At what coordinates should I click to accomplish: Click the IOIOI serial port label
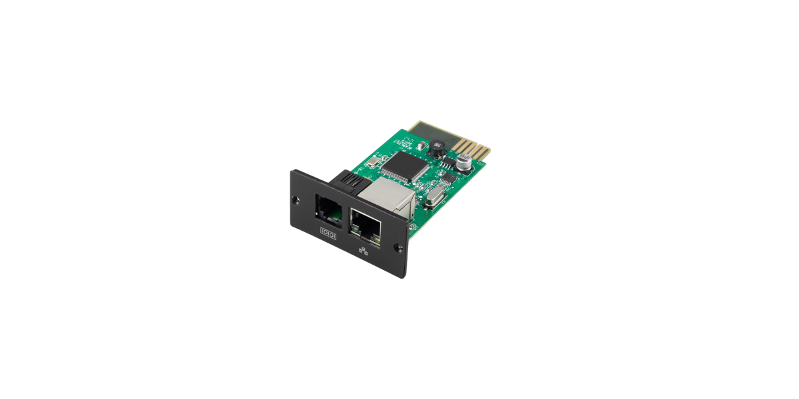point(330,234)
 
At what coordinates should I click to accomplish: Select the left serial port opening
point(328,209)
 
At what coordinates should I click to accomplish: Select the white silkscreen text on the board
point(403,142)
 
